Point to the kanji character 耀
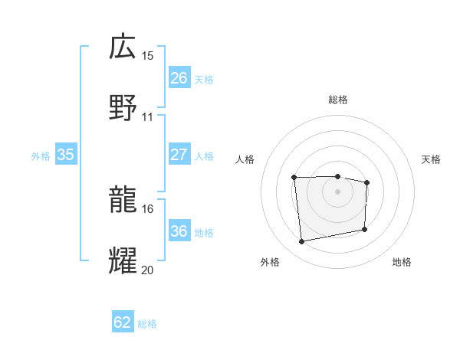[x=123, y=260]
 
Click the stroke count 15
[x=148, y=56]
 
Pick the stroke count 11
[x=148, y=117]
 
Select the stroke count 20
[x=148, y=270]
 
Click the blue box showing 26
[x=179, y=77]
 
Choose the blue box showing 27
[x=179, y=155]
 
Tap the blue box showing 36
[x=179, y=231]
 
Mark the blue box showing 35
[x=66, y=155]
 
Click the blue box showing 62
[x=123, y=322]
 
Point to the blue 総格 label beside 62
[x=147, y=324]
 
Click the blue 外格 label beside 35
[x=41, y=155]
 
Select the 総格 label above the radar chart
[x=337, y=100]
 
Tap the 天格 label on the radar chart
[x=432, y=159]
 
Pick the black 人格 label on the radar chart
[x=245, y=159]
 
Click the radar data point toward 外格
[x=302, y=242]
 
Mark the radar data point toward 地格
[x=364, y=230]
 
